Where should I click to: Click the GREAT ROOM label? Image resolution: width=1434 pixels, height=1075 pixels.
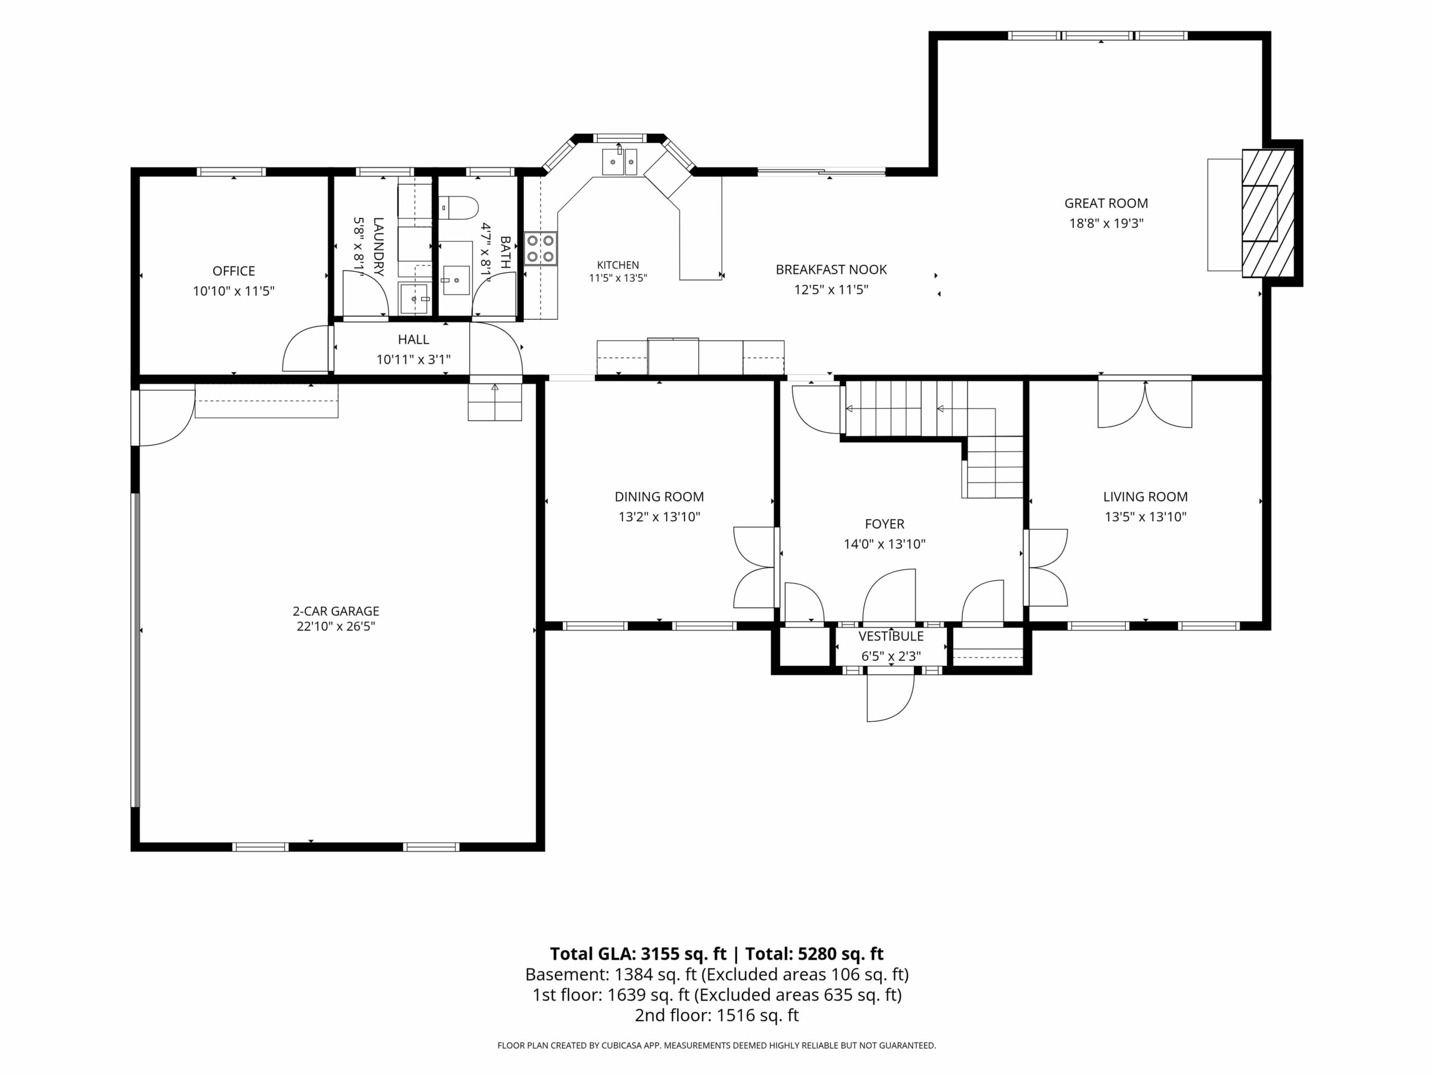1106,203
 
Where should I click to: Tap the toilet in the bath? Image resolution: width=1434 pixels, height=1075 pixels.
458,208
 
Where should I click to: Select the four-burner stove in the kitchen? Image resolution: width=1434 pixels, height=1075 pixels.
541,248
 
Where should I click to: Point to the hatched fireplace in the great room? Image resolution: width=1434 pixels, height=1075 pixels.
1268,213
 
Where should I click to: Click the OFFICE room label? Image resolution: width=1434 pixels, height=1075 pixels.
234,271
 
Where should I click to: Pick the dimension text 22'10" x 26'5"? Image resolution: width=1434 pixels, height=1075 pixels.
336,627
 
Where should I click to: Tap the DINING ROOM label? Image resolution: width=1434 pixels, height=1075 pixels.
659,497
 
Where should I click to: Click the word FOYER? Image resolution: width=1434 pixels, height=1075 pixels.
884,524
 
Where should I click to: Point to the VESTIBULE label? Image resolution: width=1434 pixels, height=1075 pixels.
891,636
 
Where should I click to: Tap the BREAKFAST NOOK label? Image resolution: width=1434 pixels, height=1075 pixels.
831,269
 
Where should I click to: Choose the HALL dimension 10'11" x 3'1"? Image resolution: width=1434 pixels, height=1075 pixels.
413,359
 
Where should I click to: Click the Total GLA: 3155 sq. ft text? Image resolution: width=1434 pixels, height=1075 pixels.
638,954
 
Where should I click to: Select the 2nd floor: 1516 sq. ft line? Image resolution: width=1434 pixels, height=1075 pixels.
716,1016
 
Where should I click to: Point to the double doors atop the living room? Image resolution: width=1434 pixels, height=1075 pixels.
1145,403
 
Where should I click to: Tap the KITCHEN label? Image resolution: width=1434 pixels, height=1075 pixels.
618,265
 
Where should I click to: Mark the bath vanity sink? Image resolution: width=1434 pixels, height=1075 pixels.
457,281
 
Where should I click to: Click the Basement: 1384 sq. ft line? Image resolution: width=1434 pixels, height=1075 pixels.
716,975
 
